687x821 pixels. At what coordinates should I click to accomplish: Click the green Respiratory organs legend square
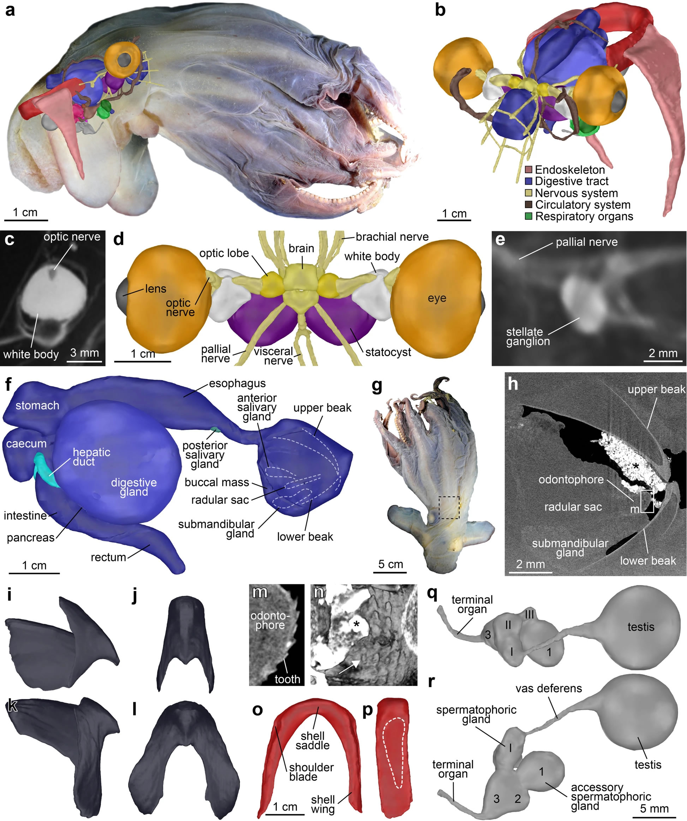click(529, 216)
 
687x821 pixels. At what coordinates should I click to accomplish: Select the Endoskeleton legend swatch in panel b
click(529, 170)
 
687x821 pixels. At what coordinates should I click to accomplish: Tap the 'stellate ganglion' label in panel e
click(527, 337)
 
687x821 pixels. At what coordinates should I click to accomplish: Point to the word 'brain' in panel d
click(301, 248)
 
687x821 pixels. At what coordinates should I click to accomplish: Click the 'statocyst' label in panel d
click(388, 352)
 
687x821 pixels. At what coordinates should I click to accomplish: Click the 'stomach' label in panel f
click(37, 406)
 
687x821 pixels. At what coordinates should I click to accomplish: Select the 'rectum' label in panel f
click(108, 557)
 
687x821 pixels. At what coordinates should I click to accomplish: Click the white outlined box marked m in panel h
click(647, 501)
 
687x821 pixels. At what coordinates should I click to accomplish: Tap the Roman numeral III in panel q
click(530, 615)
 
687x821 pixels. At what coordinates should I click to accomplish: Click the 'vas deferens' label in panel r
click(549, 689)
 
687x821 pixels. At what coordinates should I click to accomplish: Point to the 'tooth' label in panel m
click(287, 679)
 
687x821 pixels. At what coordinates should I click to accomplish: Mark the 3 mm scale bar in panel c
click(84, 362)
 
